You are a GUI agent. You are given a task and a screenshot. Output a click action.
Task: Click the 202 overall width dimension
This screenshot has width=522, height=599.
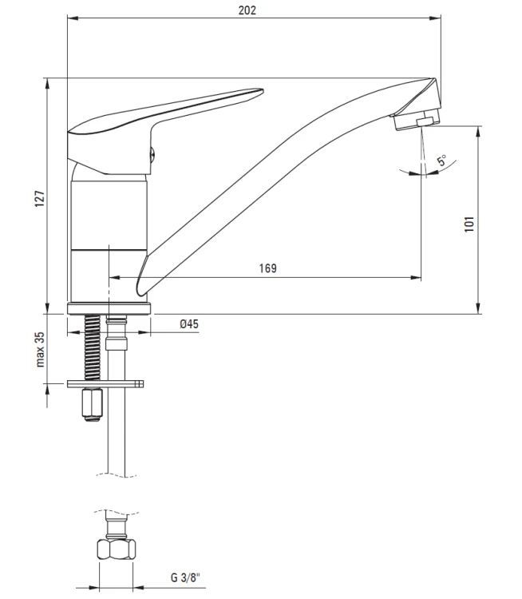(247, 10)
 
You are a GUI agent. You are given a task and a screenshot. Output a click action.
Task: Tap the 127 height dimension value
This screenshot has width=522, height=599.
(40, 199)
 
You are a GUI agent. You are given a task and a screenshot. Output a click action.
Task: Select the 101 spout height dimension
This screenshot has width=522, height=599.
(469, 224)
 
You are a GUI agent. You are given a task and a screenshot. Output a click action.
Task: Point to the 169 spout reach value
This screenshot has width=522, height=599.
(267, 268)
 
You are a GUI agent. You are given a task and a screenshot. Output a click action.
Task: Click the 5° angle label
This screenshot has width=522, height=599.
(442, 160)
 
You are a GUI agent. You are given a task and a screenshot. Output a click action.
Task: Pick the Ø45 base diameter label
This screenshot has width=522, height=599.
(189, 324)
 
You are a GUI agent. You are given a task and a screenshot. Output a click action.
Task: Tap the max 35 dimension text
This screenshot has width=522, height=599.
(40, 350)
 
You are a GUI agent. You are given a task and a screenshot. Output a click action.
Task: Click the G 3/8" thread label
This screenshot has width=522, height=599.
(185, 577)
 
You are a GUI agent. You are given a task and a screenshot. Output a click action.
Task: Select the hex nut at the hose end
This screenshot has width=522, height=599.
(117, 549)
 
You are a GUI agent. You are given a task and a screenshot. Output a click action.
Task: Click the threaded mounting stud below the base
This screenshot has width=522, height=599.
(92, 347)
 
